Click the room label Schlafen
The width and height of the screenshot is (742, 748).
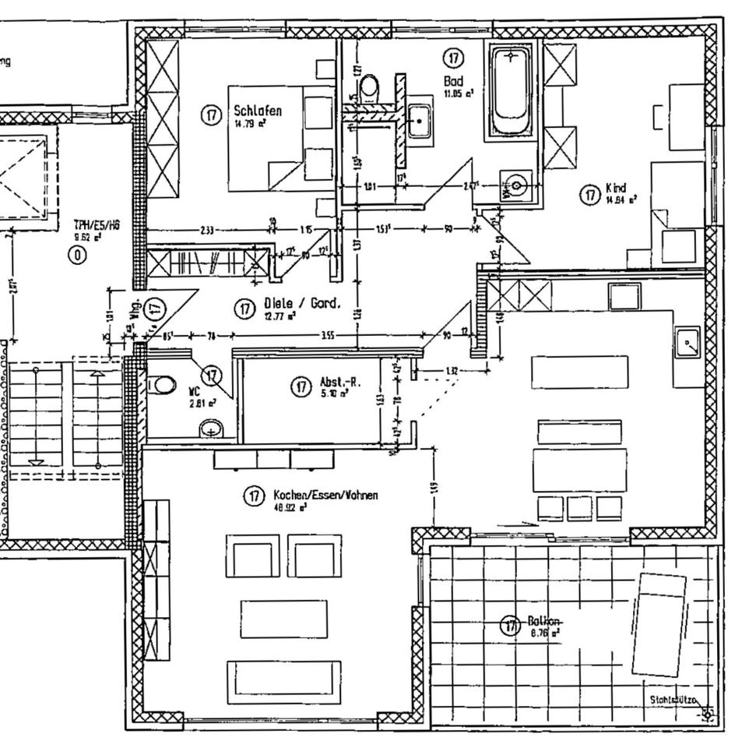[x=258, y=111]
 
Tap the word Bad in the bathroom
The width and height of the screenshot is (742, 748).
[x=453, y=80]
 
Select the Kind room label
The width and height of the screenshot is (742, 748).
[x=615, y=189]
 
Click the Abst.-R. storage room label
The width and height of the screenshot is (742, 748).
[x=339, y=383]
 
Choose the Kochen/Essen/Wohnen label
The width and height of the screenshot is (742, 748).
[x=325, y=495]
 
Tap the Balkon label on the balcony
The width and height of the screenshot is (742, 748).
[x=544, y=622]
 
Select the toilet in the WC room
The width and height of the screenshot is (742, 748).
[x=163, y=384]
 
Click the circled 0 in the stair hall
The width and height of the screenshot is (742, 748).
[x=77, y=254]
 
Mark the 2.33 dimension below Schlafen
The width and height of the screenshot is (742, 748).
[x=207, y=230]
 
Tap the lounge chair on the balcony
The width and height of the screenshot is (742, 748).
[x=659, y=624]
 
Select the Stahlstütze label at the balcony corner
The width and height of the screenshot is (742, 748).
[x=673, y=701]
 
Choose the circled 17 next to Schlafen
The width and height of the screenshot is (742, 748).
[x=211, y=115]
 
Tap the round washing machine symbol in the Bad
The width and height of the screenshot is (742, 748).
[x=518, y=185]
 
